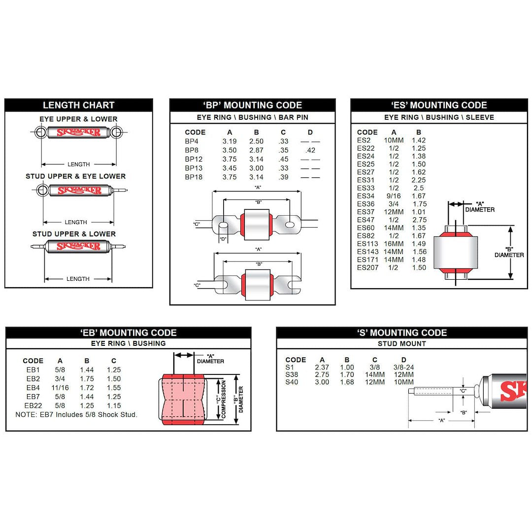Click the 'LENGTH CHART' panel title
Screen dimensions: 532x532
(78, 105)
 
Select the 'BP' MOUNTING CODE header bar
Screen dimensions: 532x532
(252, 105)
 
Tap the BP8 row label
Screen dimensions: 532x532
(192, 150)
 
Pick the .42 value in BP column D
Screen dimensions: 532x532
(310, 150)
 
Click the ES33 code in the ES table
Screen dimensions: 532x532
(366, 188)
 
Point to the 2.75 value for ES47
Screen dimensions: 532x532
(419, 220)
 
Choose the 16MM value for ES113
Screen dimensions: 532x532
(394, 244)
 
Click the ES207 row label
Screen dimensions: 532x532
(367, 267)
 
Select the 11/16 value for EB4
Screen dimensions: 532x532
(60, 388)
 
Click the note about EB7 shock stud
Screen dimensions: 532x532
(76, 415)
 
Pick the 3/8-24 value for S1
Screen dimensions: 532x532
(403, 367)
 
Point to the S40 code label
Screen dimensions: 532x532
(292, 382)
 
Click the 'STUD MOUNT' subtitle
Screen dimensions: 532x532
(401, 344)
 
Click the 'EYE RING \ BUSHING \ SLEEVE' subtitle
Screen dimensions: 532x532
(439, 117)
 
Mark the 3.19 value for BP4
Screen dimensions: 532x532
(230, 141)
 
